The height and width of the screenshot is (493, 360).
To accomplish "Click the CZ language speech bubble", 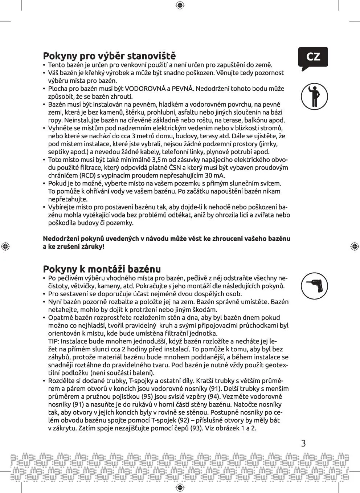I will [313, 57].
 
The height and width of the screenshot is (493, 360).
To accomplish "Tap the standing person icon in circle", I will [314, 97].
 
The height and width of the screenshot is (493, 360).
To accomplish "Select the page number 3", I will [303, 443].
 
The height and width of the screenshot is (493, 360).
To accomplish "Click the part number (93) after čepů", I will [199, 428].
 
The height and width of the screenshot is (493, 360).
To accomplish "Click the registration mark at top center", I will [180, 5].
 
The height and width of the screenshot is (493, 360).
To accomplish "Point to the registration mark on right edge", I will [355, 246].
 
